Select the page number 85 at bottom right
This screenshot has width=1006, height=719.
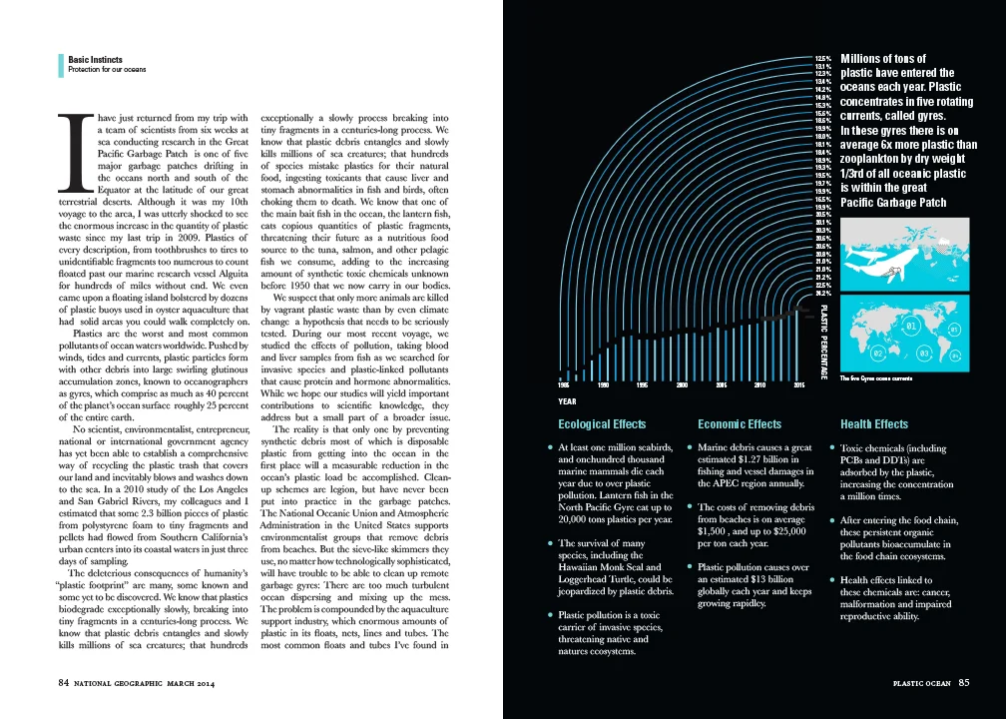click(963, 683)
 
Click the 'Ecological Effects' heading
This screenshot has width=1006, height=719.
click(595, 424)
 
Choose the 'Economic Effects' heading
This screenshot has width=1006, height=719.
click(740, 424)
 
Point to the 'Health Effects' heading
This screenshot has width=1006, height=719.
click(874, 424)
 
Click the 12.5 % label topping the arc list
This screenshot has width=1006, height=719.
click(823, 59)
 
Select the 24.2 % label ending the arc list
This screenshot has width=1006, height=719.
click(823, 294)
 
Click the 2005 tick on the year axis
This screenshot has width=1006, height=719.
click(721, 384)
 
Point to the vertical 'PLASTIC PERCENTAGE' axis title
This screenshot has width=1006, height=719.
click(824, 340)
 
